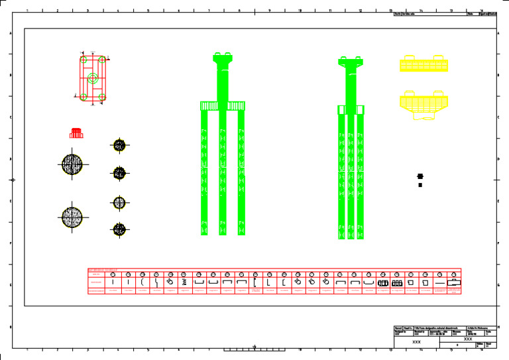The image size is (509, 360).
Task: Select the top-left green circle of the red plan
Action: (x=84, y=60)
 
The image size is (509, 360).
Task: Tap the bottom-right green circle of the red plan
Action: (x=101, y=97)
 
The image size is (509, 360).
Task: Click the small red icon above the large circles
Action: (x=76, y=133)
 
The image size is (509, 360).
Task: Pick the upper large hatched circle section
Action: (x=72, y=164)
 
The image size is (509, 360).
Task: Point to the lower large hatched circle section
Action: (x=72, y=216)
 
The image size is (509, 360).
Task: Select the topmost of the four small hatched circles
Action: (x=119, y=145)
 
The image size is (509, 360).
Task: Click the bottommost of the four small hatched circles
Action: (x=119, y=229)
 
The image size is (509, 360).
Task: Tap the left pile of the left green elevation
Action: (x=204, y=172)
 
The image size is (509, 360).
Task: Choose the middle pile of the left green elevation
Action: (x=223, y=172)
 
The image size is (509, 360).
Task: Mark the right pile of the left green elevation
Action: (x=242, y=172)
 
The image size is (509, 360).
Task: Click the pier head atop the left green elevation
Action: (x=223, y=58)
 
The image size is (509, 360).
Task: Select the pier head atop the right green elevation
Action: (x=351, y=62)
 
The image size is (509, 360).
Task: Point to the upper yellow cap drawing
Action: (x=424, y=64)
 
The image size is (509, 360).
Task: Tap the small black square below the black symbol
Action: (x=420, y=185)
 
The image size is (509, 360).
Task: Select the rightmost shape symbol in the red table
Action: (x=454, y=282)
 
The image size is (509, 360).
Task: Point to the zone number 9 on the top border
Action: (x=269, y=11)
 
